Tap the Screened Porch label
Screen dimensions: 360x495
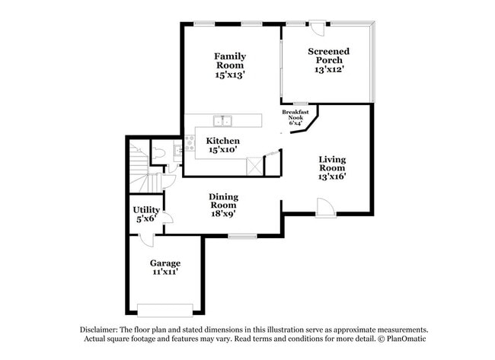(329, 56)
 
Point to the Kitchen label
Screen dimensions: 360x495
(223, 141)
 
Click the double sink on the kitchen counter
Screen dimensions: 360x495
(222, 120)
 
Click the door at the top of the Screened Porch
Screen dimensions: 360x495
(317, 26)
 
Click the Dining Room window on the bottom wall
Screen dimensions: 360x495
(242, 237)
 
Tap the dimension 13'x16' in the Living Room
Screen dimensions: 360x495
(332, 177)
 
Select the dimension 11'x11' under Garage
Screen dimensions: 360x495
(164, 272)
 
